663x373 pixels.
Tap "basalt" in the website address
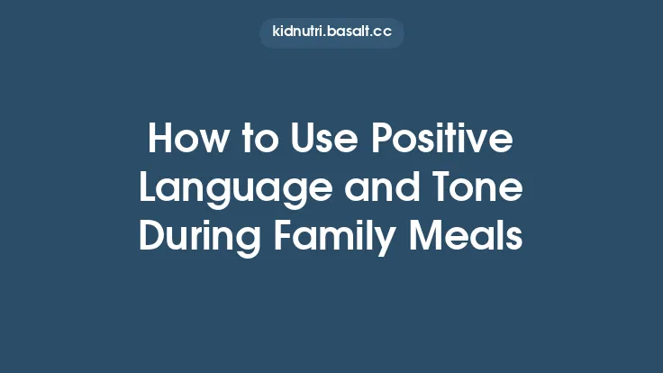(x=348, y=32)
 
